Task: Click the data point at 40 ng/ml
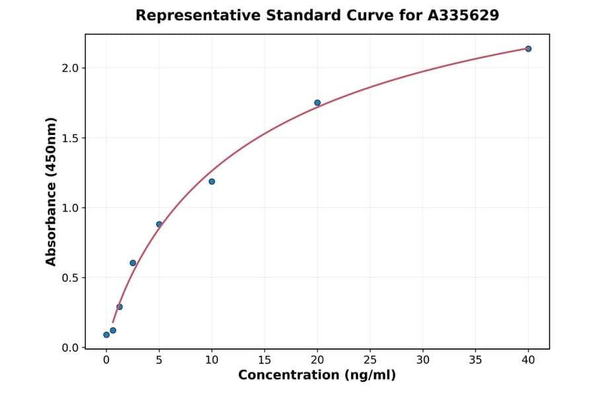(x=528, y=49)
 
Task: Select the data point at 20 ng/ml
(x=317, y=103)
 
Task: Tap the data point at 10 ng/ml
(x=212, y=181)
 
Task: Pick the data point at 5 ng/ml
(x=159, y=224)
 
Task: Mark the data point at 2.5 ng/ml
(x=133, y=263)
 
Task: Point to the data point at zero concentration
(x=106, y=335)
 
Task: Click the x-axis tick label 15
(x=264, y=360)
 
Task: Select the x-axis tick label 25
(x=370, y=360)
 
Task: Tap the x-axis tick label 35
(x=475, y=360)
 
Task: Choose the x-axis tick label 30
(x=423, y=360)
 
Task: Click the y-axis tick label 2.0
(x=70, y=68)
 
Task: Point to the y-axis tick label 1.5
(x=70, y=138)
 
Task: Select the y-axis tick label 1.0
(x=70, y=208)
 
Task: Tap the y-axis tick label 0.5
(x=70, y=278)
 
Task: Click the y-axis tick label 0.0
(x=70, y=348)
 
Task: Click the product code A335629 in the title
(x=463, y=15)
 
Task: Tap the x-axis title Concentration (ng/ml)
(x=317, y=376)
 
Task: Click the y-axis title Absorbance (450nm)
(x=52, y=191)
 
